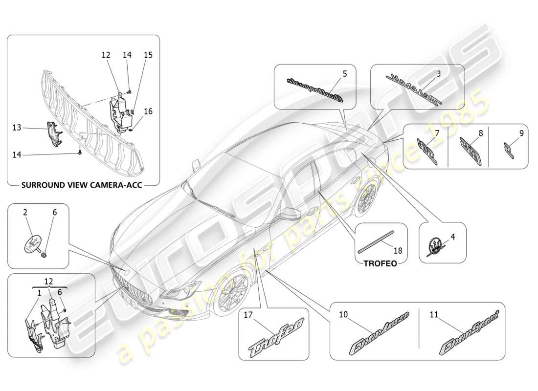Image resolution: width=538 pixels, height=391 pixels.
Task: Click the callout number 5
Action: (344, 74)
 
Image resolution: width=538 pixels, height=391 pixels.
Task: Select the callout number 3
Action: (438, 74)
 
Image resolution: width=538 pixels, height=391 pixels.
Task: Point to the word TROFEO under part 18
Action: (381, 262)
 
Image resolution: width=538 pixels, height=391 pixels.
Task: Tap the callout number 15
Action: (148, 55)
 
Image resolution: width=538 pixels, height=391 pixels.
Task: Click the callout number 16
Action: (148, 111)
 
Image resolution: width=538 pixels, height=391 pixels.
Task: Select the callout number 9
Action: (521, 132)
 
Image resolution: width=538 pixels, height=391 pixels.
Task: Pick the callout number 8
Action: (480, 132)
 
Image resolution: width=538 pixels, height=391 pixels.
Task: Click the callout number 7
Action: (437, 132)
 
